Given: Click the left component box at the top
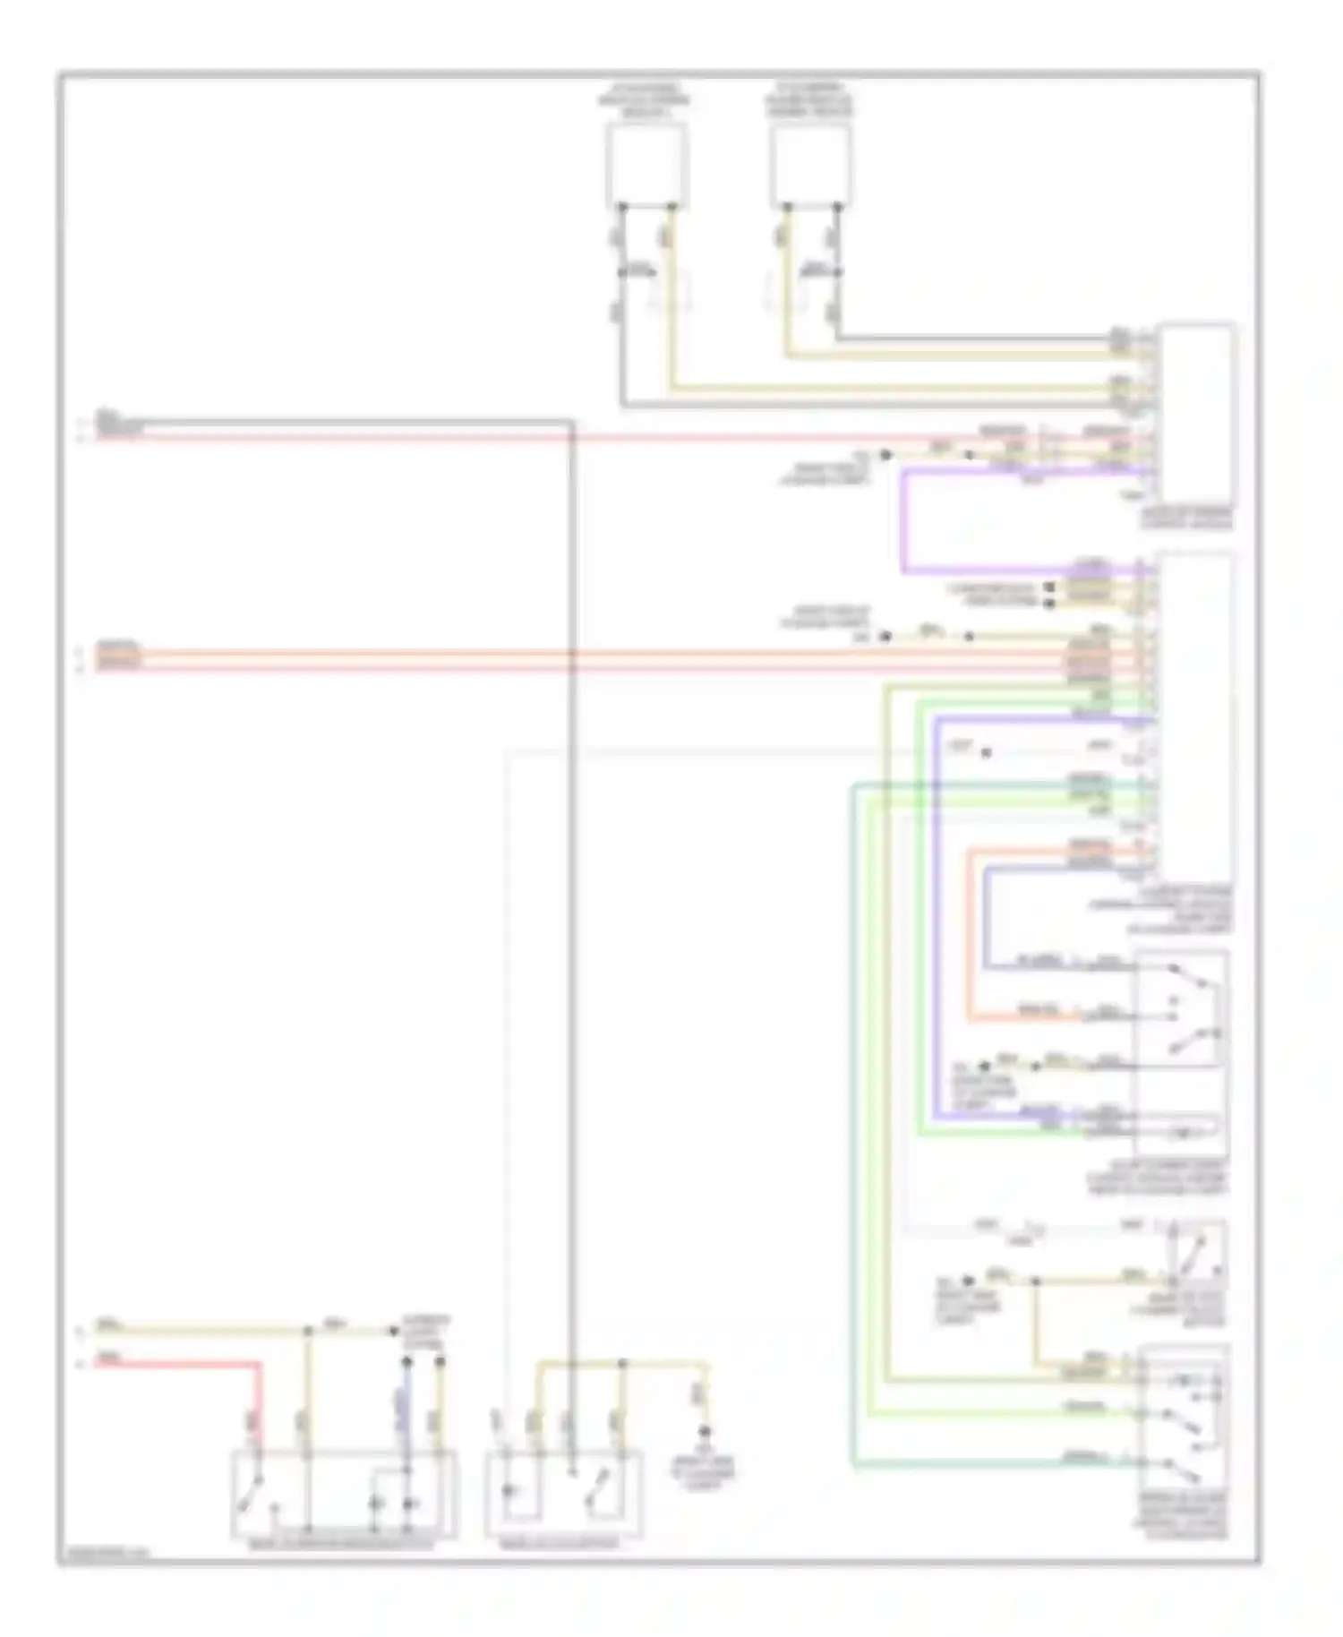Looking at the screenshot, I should pyautogui.click(x=646, y=165).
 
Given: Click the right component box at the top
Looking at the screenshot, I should pyautogui.click(x=810, y=165).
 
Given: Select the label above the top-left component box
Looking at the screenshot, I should pyautogui.click(x=645, y=101).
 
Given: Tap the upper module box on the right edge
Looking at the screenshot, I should pyautogui.click(x=1195, y=412).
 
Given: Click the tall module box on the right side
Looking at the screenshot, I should pyautogui.click(x=1195, y=716).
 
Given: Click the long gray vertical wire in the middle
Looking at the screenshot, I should pyautogui.click(x=571, y=896).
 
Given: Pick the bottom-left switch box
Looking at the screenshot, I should pyautogui.click(x=344, y=1493).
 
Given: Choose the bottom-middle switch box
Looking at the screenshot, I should pyautogui.click(x=563, y=1493).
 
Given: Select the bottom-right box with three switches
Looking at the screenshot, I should pyautogui.click(x=1184, y=1416).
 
